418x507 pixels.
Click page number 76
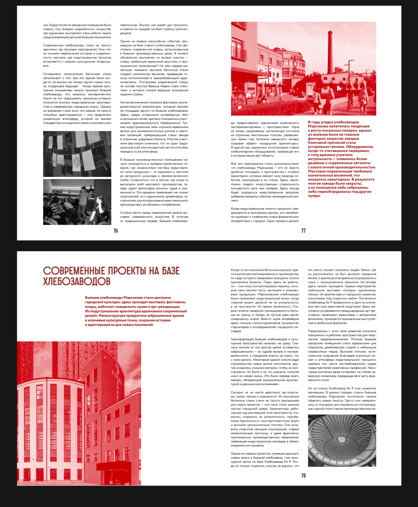click(x=116, y=231)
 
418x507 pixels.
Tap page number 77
click(x=303, y=231)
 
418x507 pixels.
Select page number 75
click(x=303, y=476)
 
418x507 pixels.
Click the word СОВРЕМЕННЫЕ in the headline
click(x=74, y=271)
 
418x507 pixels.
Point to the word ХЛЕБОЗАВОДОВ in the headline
click(x=77, y=282)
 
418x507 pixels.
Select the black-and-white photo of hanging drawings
click(x=77, y=154)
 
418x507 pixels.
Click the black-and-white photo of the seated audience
click(x=77, y=202)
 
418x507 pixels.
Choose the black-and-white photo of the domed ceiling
click(x=342, y=441)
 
